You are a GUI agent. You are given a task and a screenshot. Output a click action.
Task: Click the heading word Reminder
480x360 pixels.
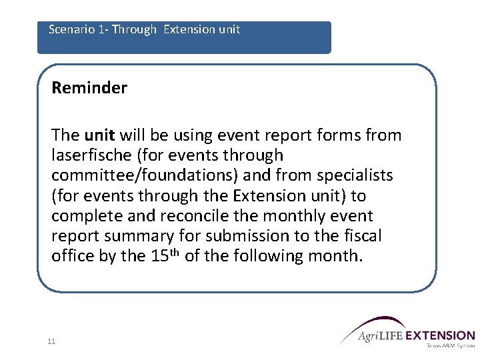coord(89,88)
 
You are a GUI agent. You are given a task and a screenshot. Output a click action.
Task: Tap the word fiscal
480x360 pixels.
coord(361,236)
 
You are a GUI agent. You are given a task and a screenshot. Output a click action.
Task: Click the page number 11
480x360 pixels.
coord(51,342)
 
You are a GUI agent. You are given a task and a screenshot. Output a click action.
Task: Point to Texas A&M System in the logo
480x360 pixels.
coord(449,345)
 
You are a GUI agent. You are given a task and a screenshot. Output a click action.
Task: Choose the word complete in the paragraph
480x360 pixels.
coord(81,216)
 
